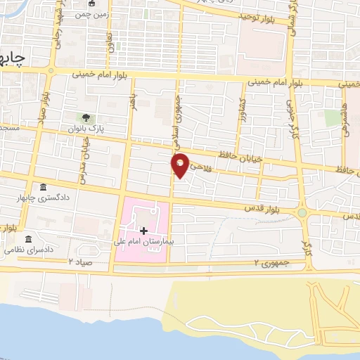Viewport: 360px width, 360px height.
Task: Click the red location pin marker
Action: click(181, 165)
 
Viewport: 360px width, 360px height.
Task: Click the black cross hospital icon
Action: click(144, 230)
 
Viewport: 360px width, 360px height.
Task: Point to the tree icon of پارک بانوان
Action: click(86, 117)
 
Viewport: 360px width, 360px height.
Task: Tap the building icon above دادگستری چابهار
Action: click(44, 188)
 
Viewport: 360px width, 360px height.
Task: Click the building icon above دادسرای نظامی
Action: click(29, 239)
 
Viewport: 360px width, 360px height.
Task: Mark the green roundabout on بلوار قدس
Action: click(302, 212)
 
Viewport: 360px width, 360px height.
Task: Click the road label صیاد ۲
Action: click(81, 261)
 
